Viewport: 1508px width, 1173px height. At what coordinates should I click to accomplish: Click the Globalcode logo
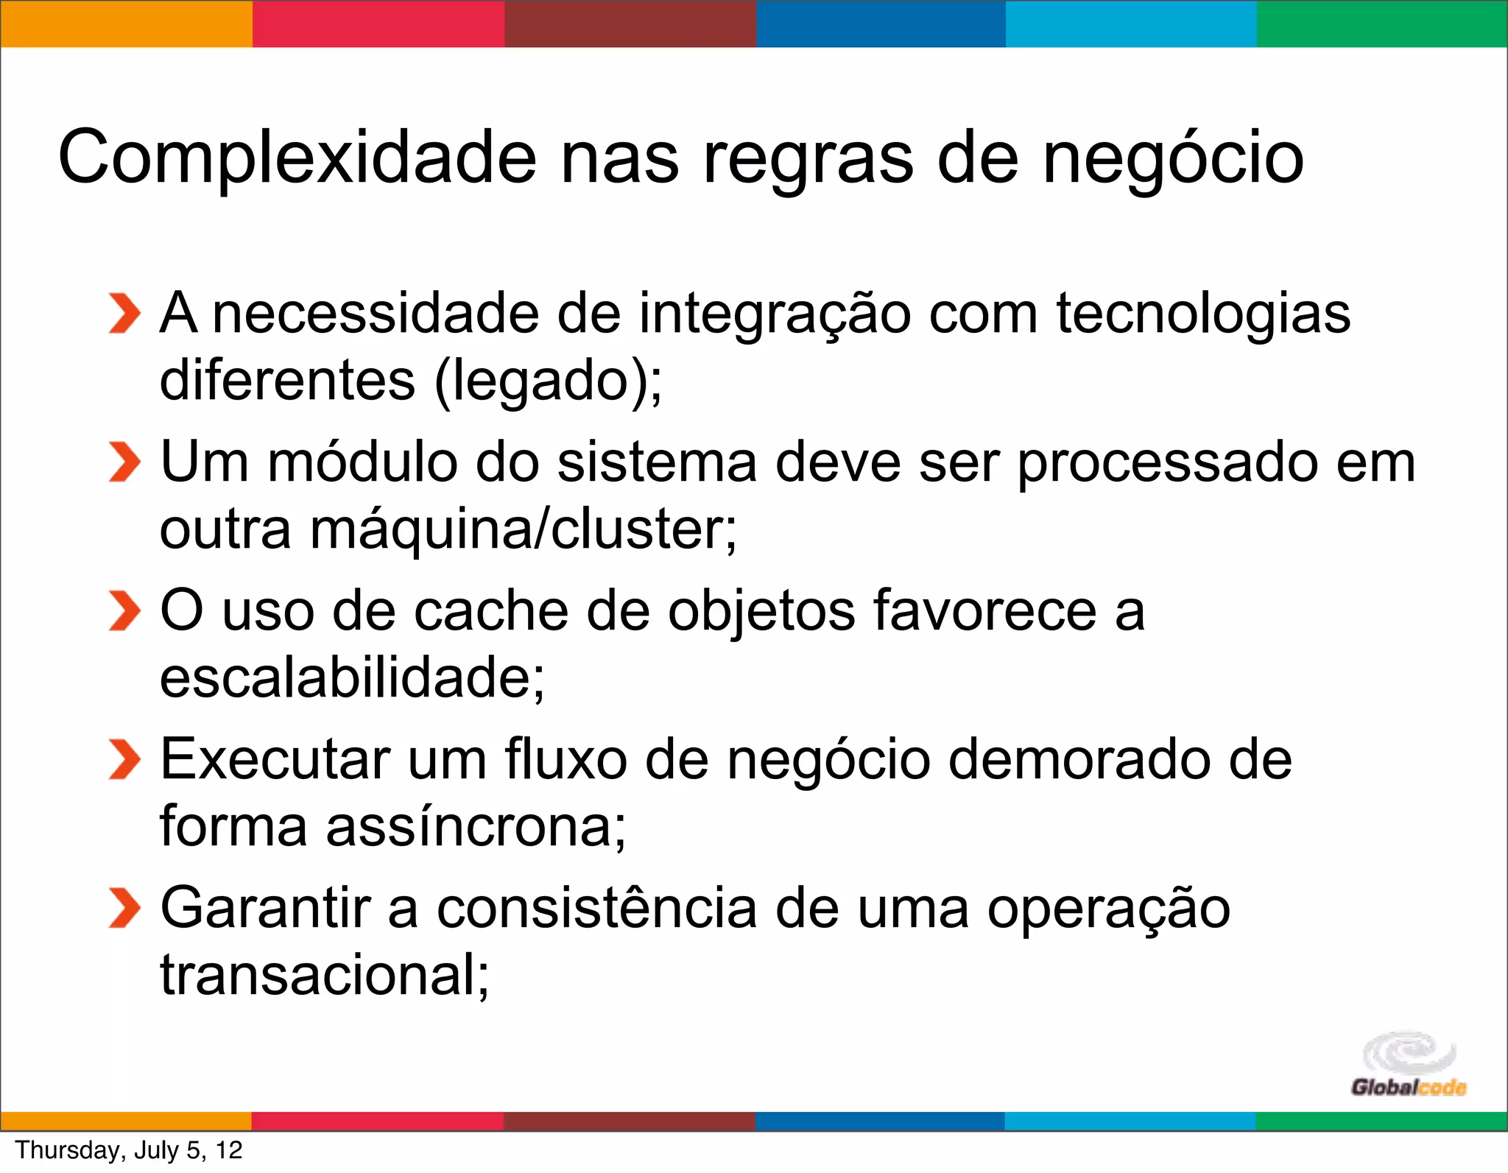point(1408,1065)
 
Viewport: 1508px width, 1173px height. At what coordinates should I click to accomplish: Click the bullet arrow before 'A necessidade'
point(124,314)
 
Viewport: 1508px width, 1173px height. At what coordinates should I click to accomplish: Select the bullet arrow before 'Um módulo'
point(124,463)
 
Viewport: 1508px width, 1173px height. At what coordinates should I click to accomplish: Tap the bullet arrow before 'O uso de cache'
point(124,611)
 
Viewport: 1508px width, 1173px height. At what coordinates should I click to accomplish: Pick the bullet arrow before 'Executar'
point(124,760)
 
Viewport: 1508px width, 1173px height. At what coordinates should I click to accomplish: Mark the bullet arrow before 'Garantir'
point(124,909)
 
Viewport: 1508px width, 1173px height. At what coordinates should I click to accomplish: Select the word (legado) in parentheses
point(541,382)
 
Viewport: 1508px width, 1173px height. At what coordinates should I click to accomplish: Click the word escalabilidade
point(349,677)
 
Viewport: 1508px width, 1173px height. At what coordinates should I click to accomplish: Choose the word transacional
point(320,975)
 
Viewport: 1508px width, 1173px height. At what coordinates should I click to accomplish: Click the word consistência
point(596,909)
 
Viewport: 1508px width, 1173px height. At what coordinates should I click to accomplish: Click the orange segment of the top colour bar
point(126,24)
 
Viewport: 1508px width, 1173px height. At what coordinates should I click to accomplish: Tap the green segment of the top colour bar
point(1382,24)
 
